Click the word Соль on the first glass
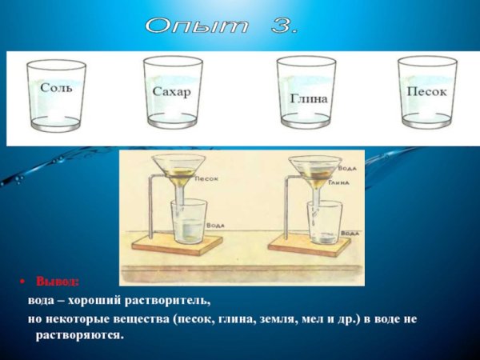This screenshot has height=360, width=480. [x=56, y=87]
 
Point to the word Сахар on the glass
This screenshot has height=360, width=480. [x=172, y=92]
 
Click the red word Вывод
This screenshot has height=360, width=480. [x=58, y=282]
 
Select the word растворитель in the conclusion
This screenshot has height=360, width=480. [x=171, y=301]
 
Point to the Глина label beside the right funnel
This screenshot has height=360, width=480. [x=339, y=182]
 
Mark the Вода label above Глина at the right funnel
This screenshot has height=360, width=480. [x=346, y=170]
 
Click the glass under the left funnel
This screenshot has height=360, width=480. [x=189, y=223]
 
